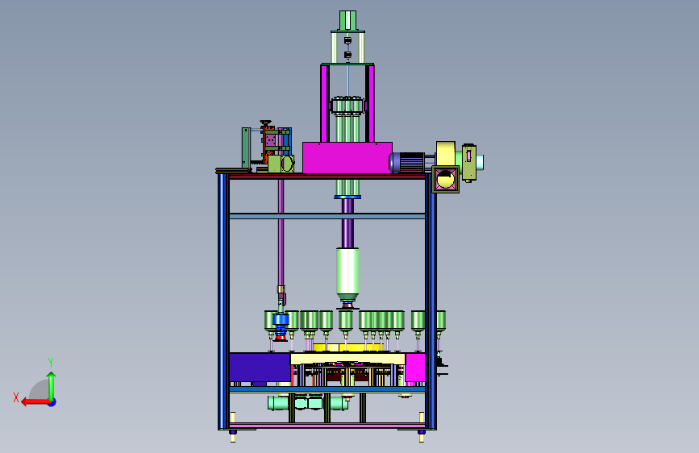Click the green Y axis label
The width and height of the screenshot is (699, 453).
coord(51,362)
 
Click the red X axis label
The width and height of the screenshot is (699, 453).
coord(16,397)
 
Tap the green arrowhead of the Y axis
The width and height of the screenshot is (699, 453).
coord(52,376)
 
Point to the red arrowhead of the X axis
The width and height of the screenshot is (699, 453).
coord(25,402)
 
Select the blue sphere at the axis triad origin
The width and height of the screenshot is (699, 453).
coord(52,402)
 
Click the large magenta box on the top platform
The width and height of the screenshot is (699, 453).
coord(347,157)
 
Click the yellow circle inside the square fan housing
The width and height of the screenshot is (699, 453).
coord(445,179)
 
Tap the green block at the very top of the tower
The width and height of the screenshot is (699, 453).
coord(347,20)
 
